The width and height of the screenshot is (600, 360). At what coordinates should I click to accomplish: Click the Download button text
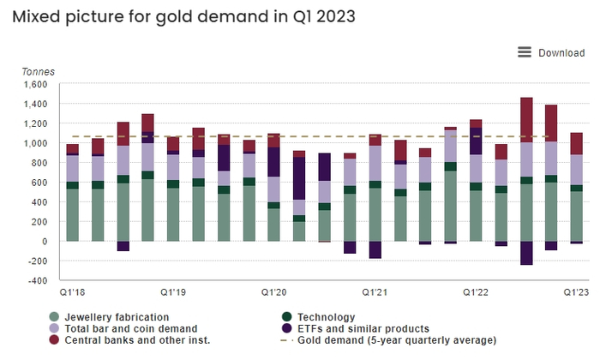[561, 53]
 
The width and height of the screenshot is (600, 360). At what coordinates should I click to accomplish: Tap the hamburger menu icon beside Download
[525, 52]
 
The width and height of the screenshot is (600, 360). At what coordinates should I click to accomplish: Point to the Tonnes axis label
[38, 71]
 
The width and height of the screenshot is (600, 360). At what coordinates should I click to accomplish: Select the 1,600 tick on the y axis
[38, 84]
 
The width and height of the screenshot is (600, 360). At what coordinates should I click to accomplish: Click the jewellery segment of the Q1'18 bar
[72, 214]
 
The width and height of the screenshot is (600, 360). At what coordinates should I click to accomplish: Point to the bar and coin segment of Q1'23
[576, 170]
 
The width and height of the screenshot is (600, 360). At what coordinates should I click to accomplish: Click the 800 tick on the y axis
[41, 163]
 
